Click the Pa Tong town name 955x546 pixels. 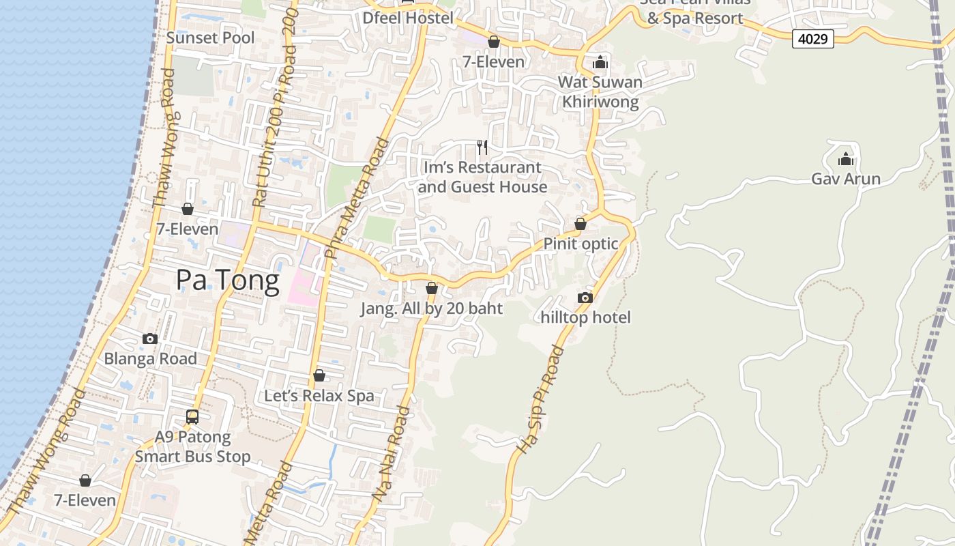click(x=228, y=281)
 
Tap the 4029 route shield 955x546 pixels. click(x=813, y=39)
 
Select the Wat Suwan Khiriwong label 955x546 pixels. click(x=600, y=92)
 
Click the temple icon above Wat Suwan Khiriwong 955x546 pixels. click(x=600, y=63)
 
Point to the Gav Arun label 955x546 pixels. click(x=846, y=179)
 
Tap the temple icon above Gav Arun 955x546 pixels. click(x=846, y=159)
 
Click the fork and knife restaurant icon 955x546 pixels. click(x=482, y=147)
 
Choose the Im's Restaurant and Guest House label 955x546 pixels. click(x=482, y=177)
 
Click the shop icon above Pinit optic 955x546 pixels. click(x=581, y=224)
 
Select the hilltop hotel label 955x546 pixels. click(x=585, y=317)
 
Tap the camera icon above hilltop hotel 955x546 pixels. click(x=585, y=298)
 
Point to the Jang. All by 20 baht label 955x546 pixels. click(x=431, y=308)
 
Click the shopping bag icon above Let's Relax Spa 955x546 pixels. click(x=319, y=375)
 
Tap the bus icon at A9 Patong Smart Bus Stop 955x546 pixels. click(x=192, y=416)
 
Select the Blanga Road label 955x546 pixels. click(x=150, y=358)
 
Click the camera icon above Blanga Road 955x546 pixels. click(x=150, y=339)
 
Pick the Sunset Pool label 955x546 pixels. click(x=210, y=38)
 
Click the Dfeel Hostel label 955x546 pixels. click(x=408, y=18)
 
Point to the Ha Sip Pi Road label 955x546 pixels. click(x=540, y=400)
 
